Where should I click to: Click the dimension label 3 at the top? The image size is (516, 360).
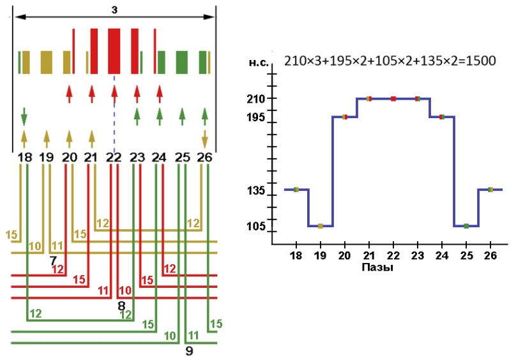114,9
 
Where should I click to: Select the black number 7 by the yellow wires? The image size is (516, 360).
54,261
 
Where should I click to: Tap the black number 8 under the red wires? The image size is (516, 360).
121,306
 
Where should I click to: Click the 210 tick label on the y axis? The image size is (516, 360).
257,99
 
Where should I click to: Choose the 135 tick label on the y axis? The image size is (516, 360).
257,190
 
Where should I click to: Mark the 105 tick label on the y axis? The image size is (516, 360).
257,226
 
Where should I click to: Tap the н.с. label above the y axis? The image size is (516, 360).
261,63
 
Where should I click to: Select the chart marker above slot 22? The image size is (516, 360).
393,98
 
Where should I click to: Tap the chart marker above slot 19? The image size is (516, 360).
321,226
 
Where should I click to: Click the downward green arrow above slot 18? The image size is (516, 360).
24,116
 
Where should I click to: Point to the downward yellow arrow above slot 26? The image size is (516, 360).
205,138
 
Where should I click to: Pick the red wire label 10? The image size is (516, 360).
125,291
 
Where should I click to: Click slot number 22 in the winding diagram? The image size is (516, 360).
114,157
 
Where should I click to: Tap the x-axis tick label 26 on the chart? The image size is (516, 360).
490,255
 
